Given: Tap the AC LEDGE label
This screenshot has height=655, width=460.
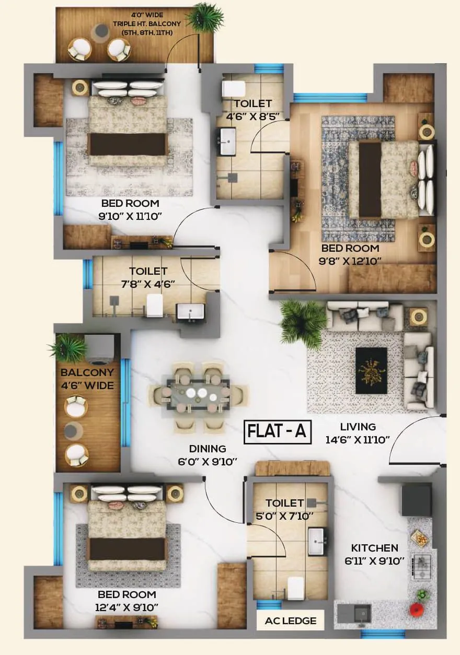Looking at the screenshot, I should (x=291, y=621).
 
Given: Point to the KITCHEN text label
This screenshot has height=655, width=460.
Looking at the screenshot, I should (x=374, y=548).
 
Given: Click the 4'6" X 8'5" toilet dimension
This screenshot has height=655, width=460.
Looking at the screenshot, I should (x=252, y=116).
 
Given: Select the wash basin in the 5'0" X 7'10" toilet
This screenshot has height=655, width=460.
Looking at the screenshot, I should (x=317, y=541).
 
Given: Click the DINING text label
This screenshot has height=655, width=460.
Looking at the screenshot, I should (x=208, y=449).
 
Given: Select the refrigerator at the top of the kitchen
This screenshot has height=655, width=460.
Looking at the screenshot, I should (x=417, y=499).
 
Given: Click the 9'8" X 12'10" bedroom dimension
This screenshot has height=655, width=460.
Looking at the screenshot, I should (x=350, y=260).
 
